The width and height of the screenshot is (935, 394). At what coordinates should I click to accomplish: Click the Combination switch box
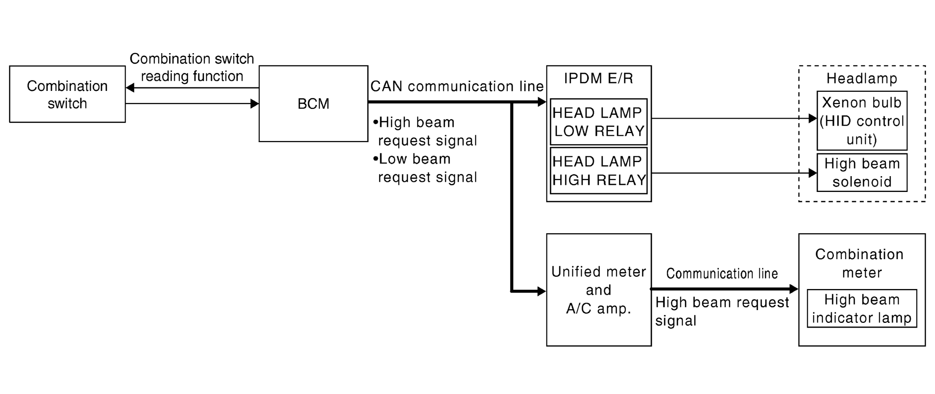67,94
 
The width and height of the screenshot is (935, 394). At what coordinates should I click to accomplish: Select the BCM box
313,104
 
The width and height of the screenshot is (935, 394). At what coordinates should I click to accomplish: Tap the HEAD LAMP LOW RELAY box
599,122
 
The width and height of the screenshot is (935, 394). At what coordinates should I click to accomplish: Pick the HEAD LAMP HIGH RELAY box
599,170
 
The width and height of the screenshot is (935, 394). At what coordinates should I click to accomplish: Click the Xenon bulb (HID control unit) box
862,121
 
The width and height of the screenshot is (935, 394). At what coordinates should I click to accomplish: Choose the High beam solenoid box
862,173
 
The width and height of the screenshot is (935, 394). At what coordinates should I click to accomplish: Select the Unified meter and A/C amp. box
599,290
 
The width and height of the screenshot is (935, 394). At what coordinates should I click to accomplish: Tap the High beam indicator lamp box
862,308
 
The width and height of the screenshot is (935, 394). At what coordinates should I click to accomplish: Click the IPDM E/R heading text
599,79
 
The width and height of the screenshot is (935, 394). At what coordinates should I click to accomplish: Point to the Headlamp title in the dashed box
862,79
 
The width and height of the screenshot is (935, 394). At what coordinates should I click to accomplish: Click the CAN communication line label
457,87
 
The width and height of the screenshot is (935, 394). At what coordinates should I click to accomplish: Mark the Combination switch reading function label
192,67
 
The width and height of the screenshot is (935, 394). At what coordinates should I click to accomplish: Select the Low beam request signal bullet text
425,168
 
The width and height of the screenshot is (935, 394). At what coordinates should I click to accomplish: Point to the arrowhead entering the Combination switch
130,88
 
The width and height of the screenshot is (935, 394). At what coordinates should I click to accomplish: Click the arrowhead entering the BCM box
255,104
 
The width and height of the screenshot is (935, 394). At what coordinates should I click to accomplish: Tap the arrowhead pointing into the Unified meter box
542,291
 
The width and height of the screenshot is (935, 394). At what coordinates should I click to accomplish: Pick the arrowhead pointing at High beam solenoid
813,173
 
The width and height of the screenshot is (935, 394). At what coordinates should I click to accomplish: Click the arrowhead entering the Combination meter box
794,289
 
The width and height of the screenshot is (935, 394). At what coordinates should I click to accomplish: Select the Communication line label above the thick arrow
722,274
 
